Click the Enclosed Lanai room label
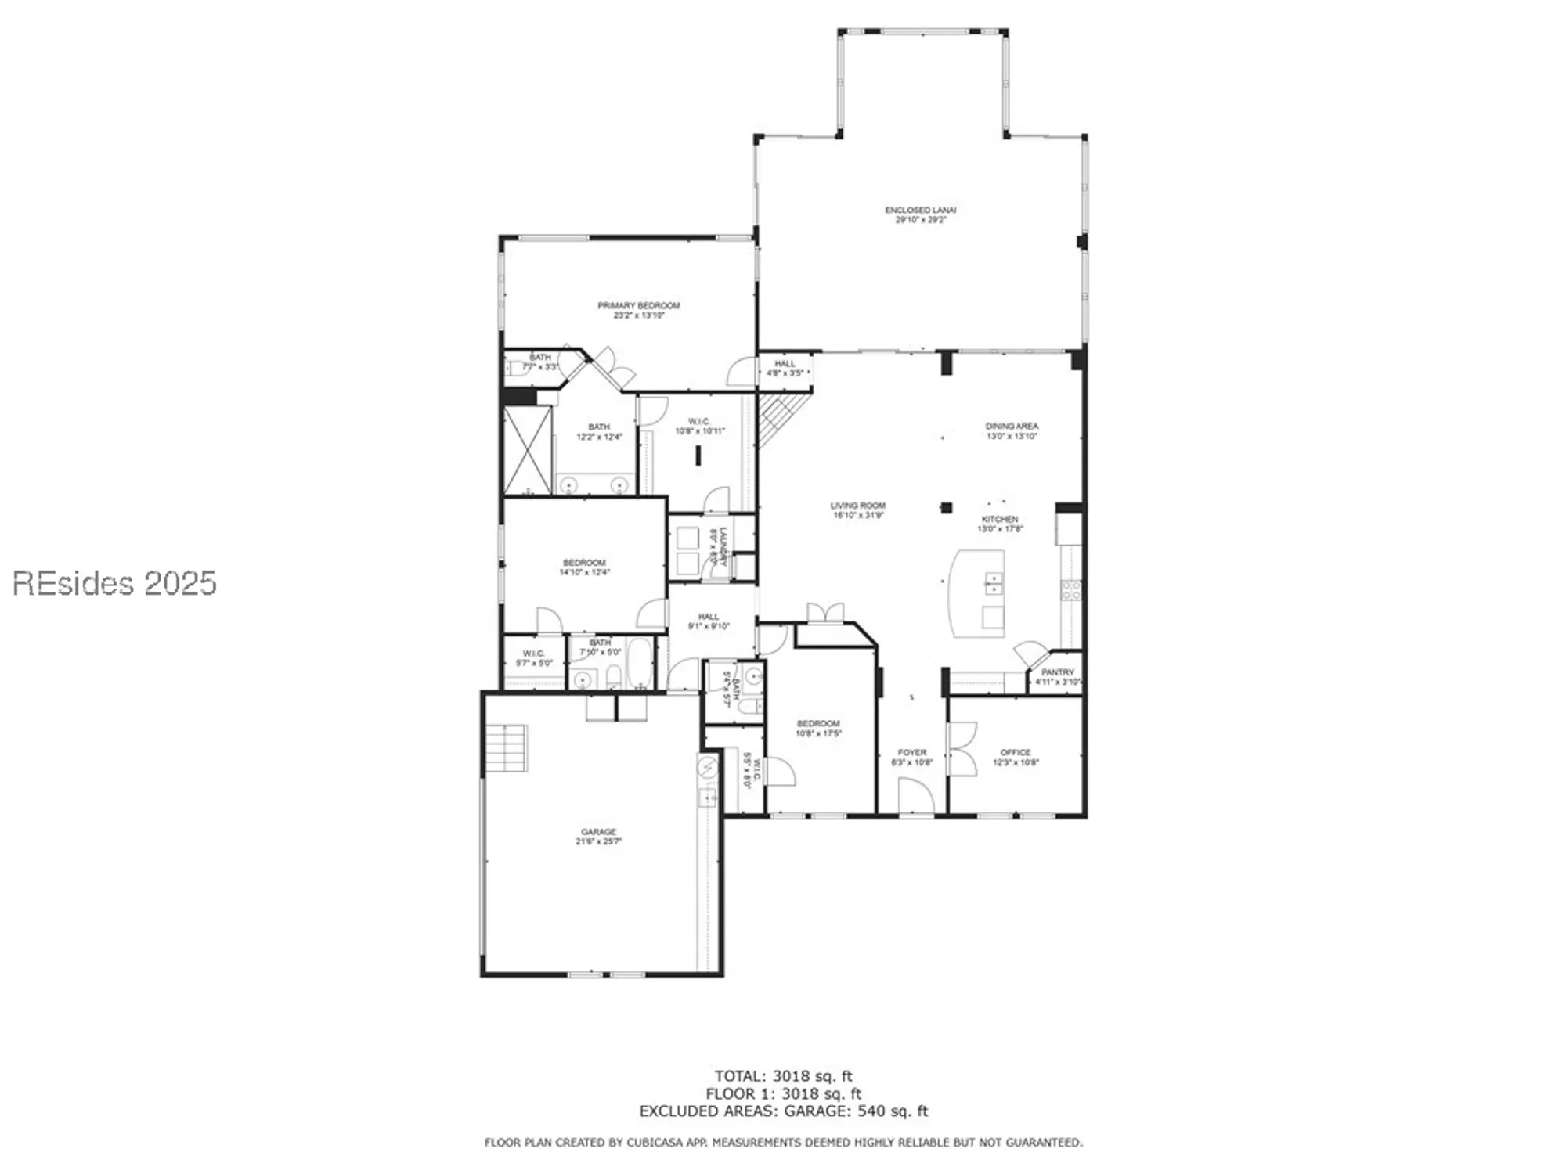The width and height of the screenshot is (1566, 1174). [x=920, y=210]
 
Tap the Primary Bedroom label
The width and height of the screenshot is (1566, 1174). [x=638, y=305]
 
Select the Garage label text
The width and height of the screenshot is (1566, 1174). [x=598, y=831]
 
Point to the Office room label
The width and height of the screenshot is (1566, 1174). [x=1015, y=752]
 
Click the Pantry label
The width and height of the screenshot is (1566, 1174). [x=1057, y=672]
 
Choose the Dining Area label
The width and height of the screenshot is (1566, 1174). [x=1012, y=427]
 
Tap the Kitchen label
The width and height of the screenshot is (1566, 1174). [x=1000, y=519]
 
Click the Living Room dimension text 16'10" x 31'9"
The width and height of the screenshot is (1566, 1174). [x=858, y=516]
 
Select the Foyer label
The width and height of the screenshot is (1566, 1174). [x=911, y=752]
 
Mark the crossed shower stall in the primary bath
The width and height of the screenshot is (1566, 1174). [x=527, y=450]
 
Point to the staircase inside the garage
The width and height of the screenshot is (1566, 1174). [x=506, y=748]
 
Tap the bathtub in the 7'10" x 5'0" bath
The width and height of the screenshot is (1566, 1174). [x=640, y=663]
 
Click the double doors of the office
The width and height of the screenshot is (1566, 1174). [x=961, y=749]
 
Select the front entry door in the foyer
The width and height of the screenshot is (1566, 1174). [x=915, y=798]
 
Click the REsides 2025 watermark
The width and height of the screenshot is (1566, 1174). [x=114, y=583]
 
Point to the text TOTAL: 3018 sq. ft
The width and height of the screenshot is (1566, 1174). [x=783, y=1076]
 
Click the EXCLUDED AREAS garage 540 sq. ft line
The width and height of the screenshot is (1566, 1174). [x=783, y=1111]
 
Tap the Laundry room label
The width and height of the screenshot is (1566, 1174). [x=718, y=546]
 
